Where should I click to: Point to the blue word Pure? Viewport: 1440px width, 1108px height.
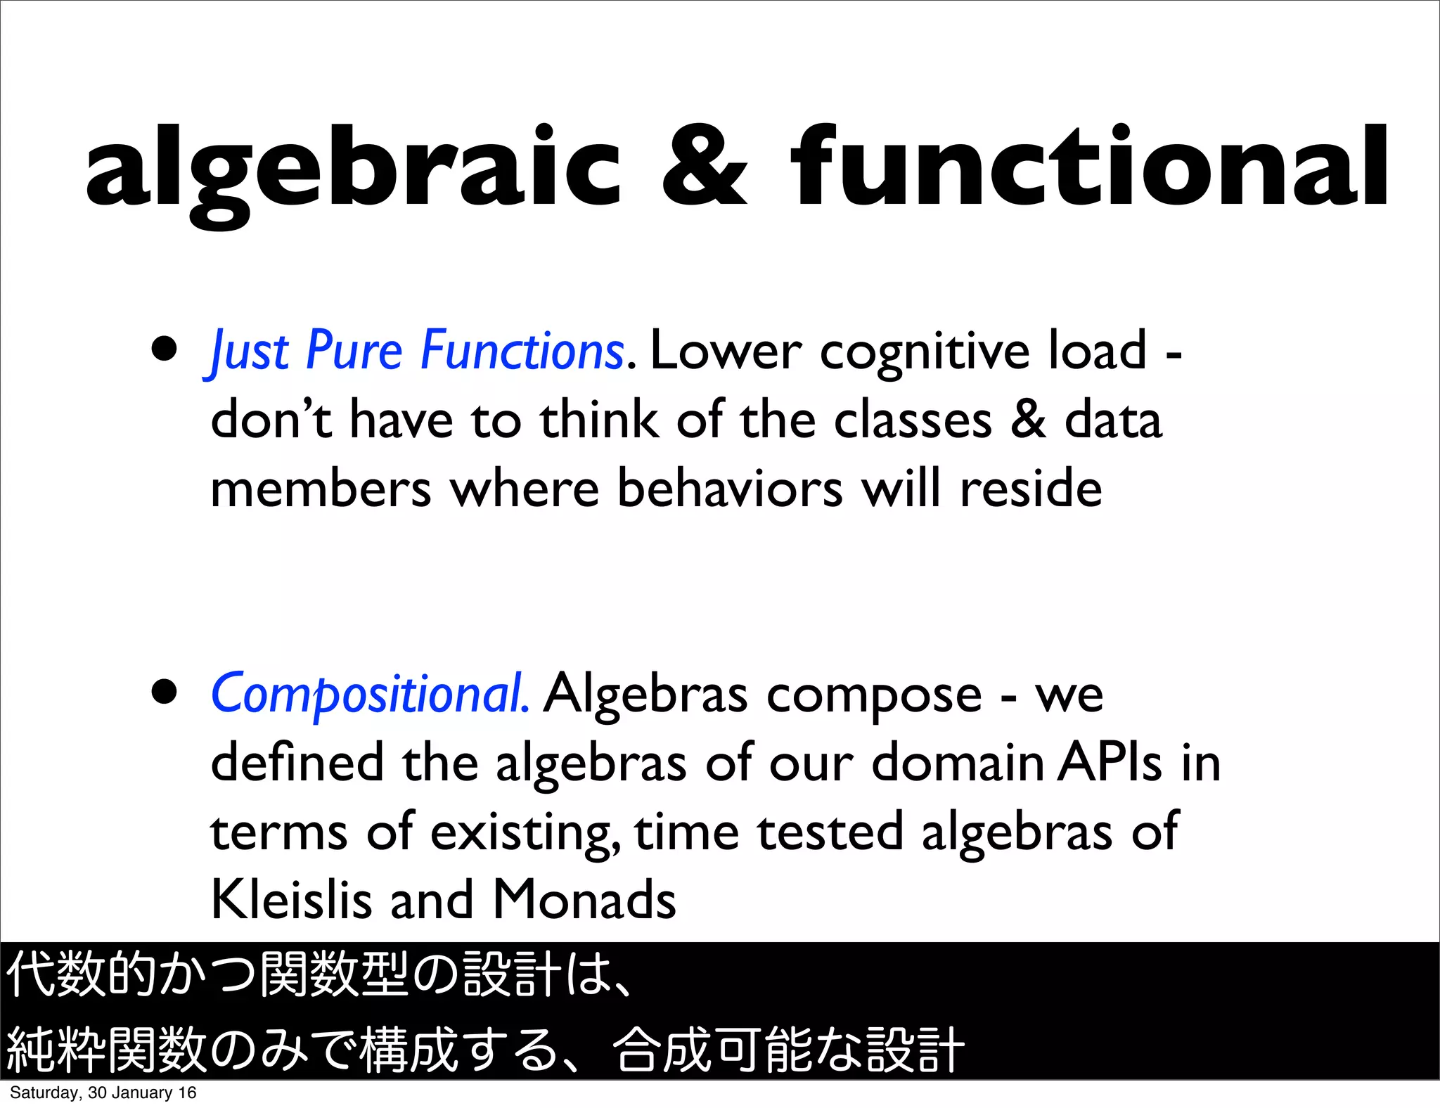(354, 351)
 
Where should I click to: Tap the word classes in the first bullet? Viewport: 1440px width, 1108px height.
(913, 420)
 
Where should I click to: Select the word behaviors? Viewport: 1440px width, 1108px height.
(730, 489)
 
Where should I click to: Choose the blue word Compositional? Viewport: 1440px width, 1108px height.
(370, 695)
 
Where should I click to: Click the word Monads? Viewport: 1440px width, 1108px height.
(584, 900)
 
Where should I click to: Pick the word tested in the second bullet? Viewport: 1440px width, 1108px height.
(830, 832)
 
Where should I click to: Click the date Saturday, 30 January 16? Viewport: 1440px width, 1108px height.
(103, 1093)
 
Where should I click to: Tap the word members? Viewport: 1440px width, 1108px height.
(321, 489)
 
